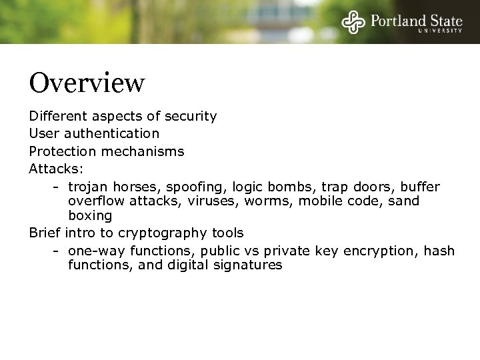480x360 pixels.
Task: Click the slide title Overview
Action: tap(87, 83)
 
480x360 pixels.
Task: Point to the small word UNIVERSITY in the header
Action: tap(440, 31)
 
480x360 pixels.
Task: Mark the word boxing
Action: tap(89, 216)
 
